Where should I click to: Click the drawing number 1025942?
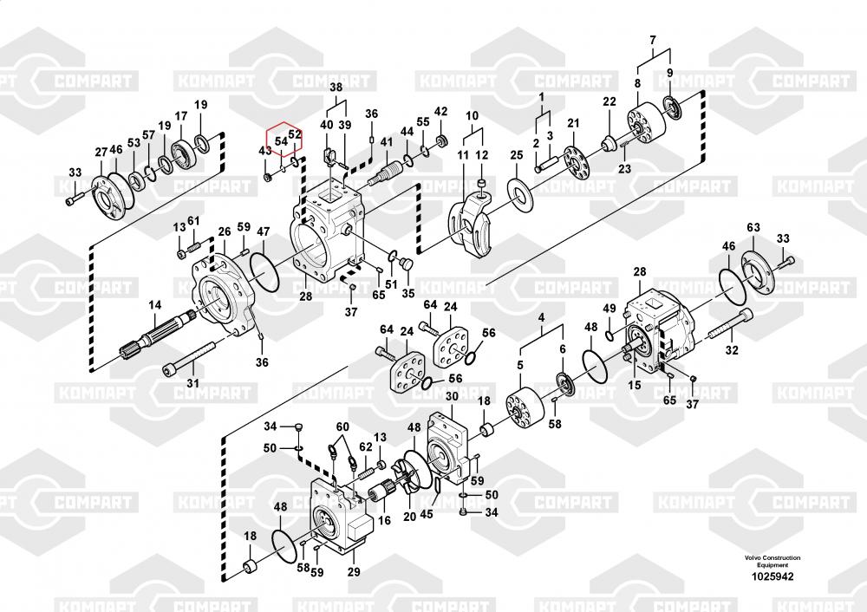point(772,576)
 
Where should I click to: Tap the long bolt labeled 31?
point(188,359)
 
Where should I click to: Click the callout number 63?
point(753,227)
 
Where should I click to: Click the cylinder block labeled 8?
point(646,125)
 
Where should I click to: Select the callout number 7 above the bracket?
point(653,41)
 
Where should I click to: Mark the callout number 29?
point(354,571)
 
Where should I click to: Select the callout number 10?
point(472,116)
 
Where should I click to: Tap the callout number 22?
point(609,101)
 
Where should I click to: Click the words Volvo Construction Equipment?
point(772,561)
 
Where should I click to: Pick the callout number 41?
point(386,142)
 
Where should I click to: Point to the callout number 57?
point(148,135)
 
